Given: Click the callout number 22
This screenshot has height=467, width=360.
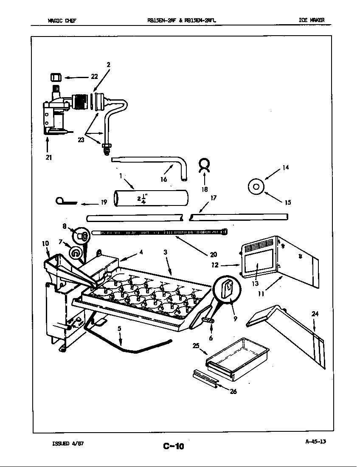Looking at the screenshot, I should tap(94, 76).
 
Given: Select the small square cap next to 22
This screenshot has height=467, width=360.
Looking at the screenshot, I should tap(54, 77).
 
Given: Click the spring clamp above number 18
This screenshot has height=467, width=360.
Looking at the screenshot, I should tap(204, 164).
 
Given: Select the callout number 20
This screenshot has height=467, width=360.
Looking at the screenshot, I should tap(213, 255).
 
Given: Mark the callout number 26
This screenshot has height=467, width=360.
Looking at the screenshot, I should tap(233, 391).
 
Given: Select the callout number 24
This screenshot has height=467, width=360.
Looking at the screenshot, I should tap(315, 314).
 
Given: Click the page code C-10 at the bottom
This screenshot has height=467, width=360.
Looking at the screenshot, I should tap(173, 446).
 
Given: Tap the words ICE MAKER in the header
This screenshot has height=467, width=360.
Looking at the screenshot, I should tap(312, 20).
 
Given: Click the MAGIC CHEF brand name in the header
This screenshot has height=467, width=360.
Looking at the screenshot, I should tap(62, 20).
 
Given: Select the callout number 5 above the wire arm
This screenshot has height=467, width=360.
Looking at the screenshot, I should tap(119, 328).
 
